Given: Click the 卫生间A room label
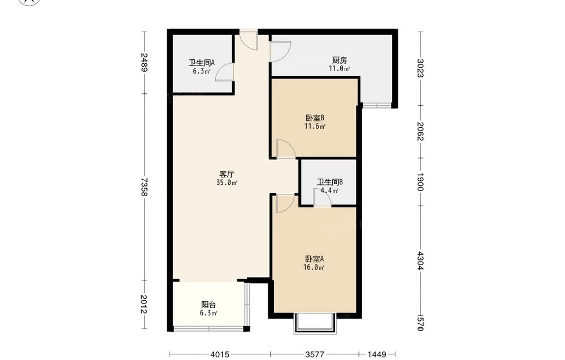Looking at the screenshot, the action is [x=202, y=63].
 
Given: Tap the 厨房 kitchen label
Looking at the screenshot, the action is [x=340, y=60].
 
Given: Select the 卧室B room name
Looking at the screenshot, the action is [x=315, y=118].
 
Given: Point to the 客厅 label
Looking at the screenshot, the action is [x=227, y=174].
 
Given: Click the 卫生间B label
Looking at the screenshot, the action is [x=330, y=182].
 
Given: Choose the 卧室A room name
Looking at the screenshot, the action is [x=315, y=259].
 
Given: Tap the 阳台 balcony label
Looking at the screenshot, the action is [x=208, y=305].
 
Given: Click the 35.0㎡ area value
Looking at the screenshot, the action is [x=227, y=183].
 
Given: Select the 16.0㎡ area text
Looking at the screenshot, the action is [x=315, y=267].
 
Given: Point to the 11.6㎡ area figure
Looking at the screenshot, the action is [x=315, y=127].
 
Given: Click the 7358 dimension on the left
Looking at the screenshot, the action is [x=144, y=186].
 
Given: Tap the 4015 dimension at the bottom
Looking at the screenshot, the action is [x=220, y=354].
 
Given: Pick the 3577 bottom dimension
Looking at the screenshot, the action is [x=315, y=354].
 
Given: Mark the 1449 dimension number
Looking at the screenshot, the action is [x=377, y=354].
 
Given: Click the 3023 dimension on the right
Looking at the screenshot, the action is [x=420, y=68].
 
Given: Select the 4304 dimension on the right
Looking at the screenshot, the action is [x=420, y=261].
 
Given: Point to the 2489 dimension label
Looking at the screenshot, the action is [x=144, y=63].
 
